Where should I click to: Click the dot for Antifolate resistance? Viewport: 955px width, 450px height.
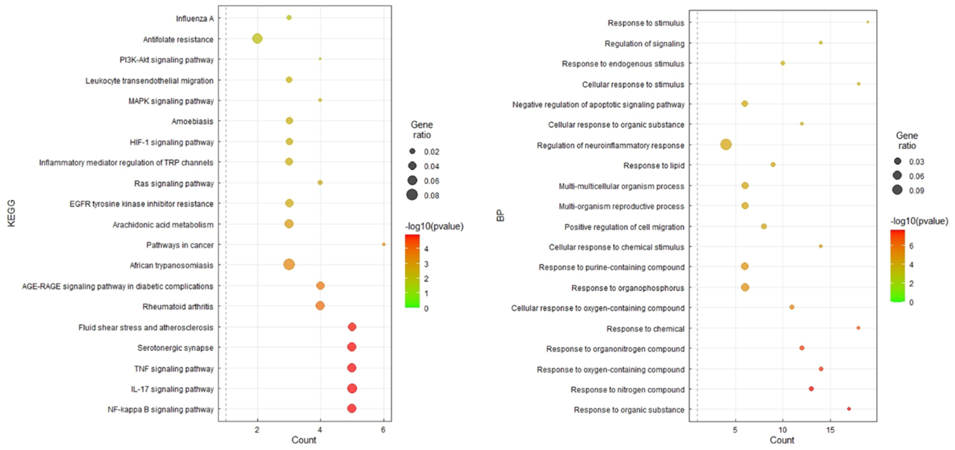tap(257, 38)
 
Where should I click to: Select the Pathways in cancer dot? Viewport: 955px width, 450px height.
tap(384, 244)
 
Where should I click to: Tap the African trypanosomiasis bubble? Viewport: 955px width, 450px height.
tap(289, 265)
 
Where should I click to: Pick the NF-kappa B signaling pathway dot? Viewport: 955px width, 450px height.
tap(352, 408)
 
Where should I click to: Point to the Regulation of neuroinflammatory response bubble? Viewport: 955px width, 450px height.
tap(726, 145)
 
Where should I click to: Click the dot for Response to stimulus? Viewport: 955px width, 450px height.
tap(868, 22)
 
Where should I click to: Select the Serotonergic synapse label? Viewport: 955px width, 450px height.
tap(175, 348)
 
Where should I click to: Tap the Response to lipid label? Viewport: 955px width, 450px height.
tap(654, 165)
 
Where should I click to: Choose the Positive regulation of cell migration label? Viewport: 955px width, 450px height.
tap(624, 227)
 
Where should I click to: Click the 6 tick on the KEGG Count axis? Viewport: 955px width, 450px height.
tap(383, 430)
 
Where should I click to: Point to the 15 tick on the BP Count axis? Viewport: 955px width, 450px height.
tap(830, 430)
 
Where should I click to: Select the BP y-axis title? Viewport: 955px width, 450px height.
tap(500, 215)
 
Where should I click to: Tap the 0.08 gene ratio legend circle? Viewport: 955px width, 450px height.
tap(412, 195)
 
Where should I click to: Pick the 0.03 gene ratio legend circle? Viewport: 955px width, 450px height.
tap(897, 161)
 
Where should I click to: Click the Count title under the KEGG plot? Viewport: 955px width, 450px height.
tap(304, 440)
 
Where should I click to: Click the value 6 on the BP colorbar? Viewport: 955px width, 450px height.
tap(911, 246)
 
